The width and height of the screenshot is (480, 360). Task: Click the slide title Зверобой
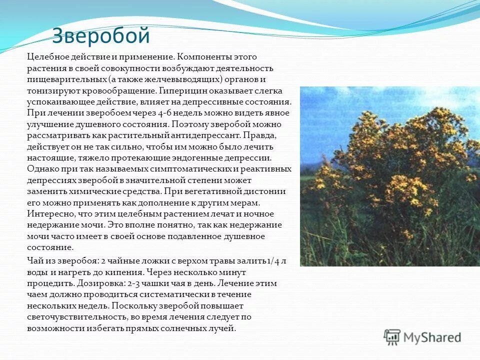pyautogui.click(x=101, y=36)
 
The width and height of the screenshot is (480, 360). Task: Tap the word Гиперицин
pyautogui.click(x=180, y=90)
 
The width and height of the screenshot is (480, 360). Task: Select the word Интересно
pyautogui.click(x=48, y=213)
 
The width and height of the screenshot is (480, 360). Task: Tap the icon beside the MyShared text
pyautogui.click(x=392, y=337)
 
